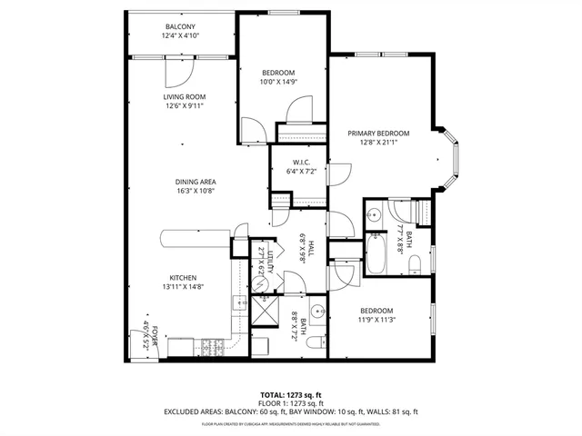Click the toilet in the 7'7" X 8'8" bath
[415, 264]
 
